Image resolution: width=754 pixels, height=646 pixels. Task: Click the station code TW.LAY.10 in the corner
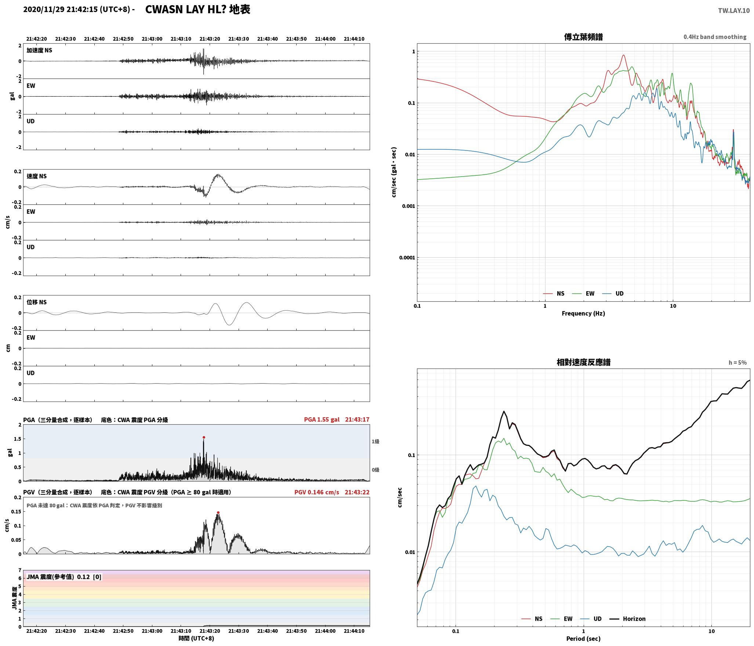coord(734,11)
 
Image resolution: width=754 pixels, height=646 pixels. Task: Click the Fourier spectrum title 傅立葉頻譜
coord(583,37)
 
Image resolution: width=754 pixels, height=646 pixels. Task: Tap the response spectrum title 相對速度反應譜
coord(583,362)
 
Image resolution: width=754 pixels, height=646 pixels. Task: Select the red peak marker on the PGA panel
coord(204,437)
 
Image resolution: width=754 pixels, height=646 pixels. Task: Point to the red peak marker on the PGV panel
coord(218,512)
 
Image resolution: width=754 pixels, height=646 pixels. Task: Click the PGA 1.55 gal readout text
coord(322,420)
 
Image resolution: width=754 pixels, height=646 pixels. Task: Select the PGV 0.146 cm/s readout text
coord(317,492)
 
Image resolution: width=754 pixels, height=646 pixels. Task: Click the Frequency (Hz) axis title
coord(583,313)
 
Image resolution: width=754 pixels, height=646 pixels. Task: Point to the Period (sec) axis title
coord(583,639)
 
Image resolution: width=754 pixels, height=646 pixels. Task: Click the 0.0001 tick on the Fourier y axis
coord(407,258)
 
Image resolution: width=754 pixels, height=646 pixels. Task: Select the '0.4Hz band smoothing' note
coord(715,37)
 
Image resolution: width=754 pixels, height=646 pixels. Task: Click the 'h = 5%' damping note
coord(737,363)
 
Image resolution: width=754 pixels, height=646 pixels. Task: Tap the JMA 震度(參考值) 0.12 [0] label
coord(64,577)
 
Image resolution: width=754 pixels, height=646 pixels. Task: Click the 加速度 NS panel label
coord(39,50)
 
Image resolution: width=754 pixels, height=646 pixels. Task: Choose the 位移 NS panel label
coord(37,302)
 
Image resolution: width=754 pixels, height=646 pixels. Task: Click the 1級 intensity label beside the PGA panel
coord(375,442)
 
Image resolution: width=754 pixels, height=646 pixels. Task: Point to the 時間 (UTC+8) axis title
coord(196,638)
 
